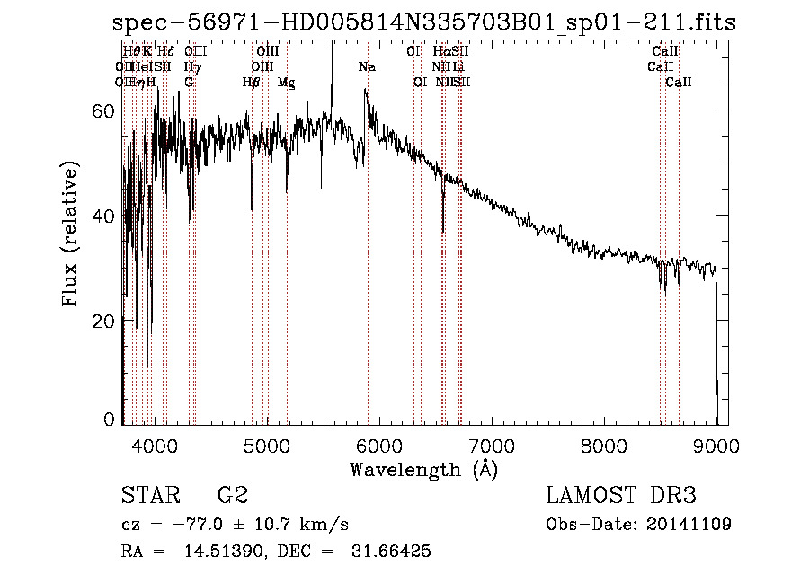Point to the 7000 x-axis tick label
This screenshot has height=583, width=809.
pos(492,445)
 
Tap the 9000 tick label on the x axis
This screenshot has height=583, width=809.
pos(716,445)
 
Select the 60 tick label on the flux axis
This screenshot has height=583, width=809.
pos(105,110)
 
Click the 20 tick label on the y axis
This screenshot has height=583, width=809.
pos(105,322)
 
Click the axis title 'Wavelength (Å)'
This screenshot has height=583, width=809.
pos(423,469)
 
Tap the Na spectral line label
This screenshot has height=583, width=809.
pos(367,67)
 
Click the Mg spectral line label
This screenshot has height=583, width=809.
pos(286,83)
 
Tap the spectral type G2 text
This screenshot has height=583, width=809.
pos(232,496)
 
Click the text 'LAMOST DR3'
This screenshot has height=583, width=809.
pos(621,496)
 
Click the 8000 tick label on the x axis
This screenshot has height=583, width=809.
pos(604,445)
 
